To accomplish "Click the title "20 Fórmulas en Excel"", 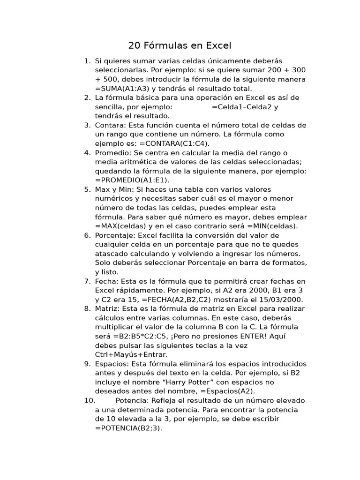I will [x=180, y=45].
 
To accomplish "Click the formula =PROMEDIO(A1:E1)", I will [x=132, y=180].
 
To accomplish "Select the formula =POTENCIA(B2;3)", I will [x=128, y=427].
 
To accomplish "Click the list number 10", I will [x=90, y=400].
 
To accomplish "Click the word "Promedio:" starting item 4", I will [x=113, y=152].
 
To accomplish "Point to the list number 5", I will [x=87, y=189].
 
